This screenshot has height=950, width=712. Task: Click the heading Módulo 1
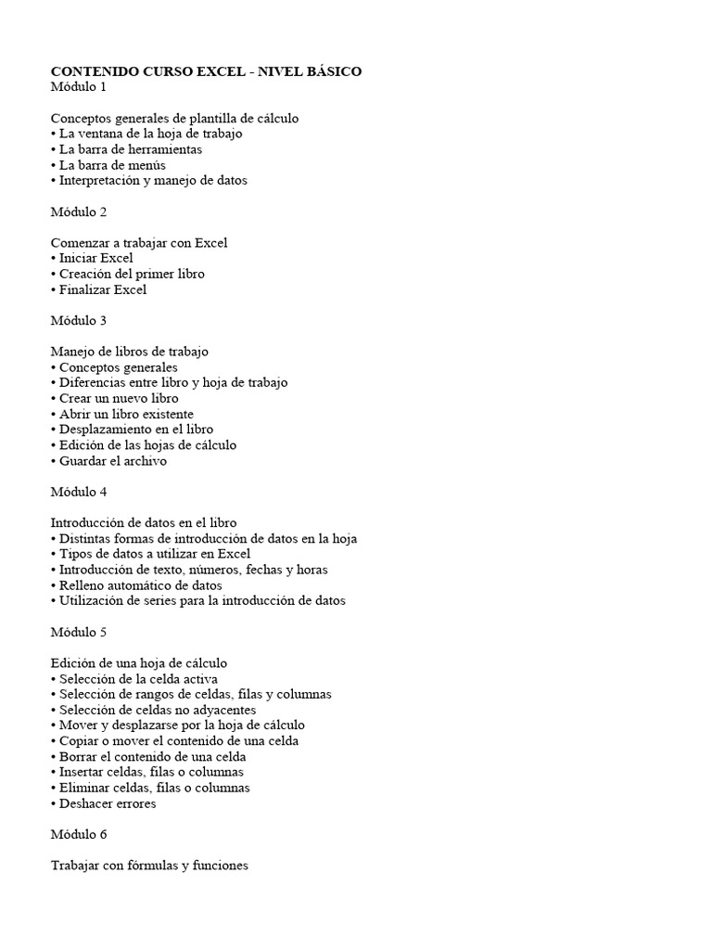coord(79,87)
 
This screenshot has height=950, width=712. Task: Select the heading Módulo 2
coord(79,212)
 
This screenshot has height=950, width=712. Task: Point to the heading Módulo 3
coord(79,320)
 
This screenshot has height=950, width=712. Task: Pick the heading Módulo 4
coord(79,492)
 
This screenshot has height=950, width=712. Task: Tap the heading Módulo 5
coord(79,632)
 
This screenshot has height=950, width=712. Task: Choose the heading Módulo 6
coord(79,834)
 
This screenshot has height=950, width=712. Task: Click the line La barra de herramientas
coord(130,149)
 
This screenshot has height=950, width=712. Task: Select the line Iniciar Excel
coord(96,258)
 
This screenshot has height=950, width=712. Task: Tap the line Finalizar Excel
coord(103,289)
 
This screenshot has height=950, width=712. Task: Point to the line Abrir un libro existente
coord(126,414)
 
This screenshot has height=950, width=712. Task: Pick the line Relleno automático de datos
coord(140,585)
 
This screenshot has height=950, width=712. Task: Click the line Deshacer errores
coord(108,803)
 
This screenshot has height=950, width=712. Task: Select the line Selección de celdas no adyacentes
coord(157,710)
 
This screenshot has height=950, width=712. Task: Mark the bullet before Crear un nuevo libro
coord(54,398)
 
